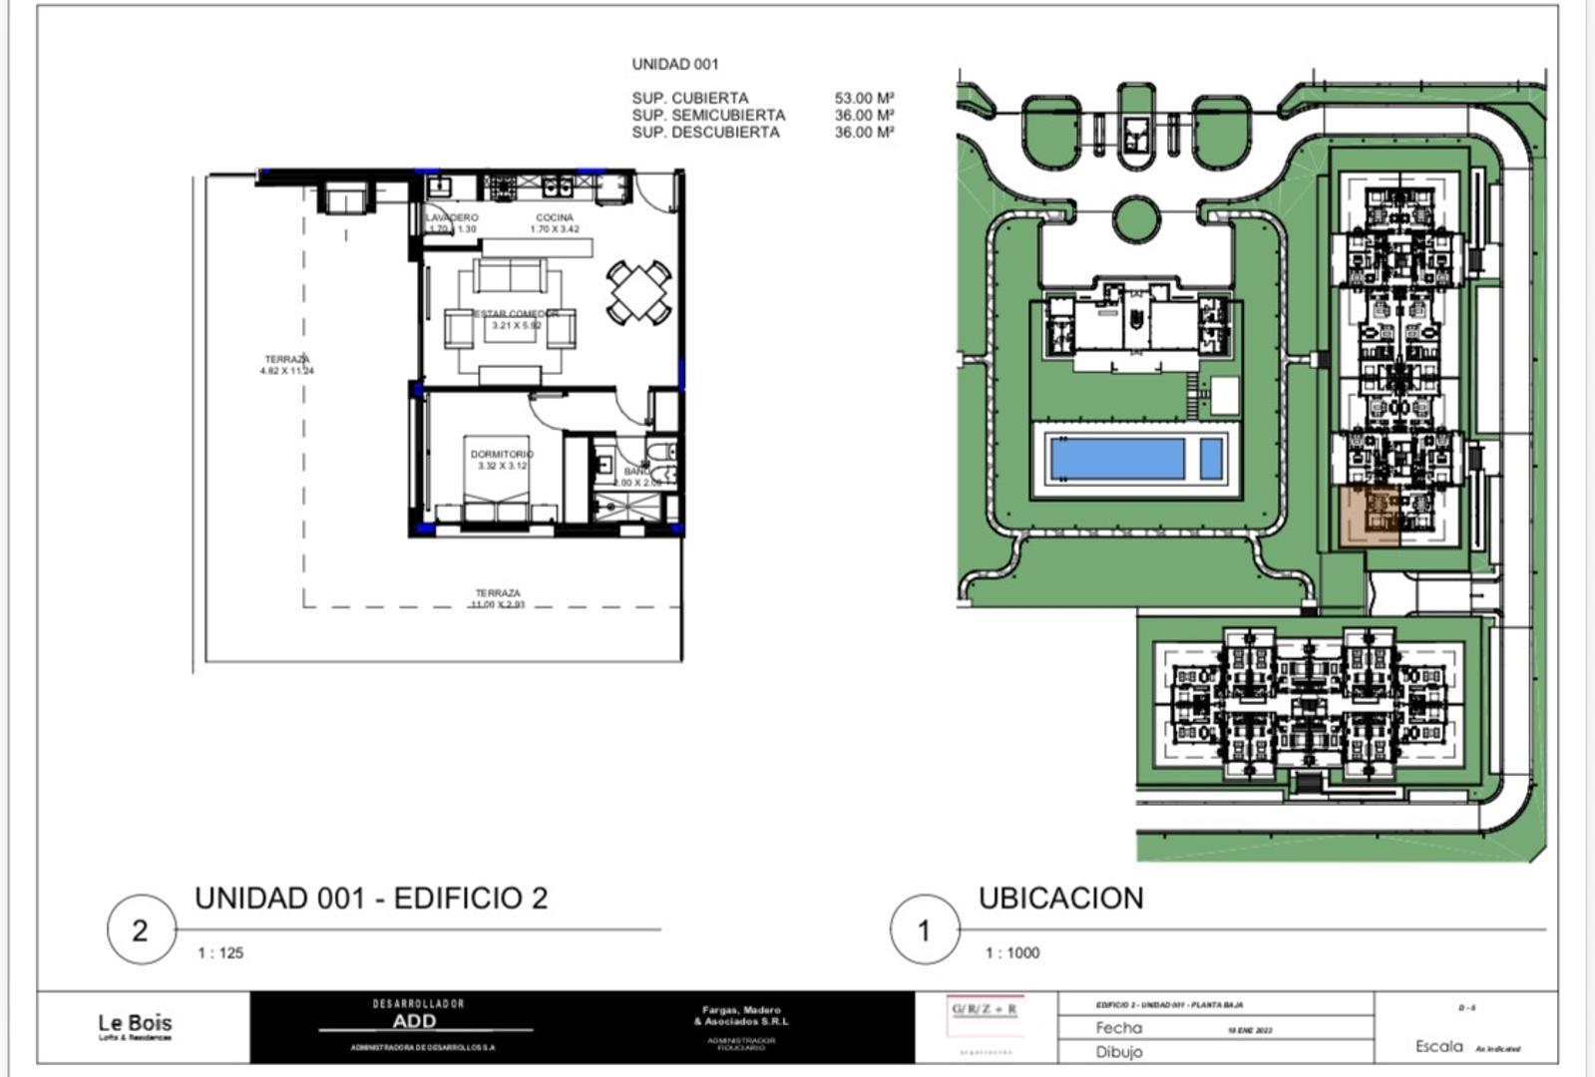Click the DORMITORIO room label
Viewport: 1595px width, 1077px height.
coord(502,455)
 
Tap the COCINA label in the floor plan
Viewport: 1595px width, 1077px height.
coord(555,217)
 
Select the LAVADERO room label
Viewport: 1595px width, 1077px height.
coord(452,217)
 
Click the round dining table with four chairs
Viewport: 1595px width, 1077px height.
coord(638,291)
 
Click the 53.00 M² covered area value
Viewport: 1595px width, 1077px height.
coord(864,99)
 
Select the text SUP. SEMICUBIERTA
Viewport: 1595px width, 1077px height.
coord(707,116)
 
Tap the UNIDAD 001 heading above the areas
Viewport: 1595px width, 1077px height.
coord(674,64)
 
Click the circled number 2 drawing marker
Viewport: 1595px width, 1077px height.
coord(141,929)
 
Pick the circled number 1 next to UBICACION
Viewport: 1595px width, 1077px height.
coord(924,929)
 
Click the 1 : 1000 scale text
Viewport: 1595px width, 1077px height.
coord(1011,953)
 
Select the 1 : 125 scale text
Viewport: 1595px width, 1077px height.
coord(220,953)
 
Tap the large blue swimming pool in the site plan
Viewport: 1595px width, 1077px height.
coord(1117,459)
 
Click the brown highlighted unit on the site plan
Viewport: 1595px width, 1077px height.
coord(1367,517)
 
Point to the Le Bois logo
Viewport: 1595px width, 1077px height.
coord(135,1025)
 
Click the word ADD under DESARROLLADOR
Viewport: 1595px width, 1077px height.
coord(414,1021)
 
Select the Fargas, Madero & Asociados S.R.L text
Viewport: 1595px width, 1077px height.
coord(740,1015)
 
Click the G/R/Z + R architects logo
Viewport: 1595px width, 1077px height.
coord(984,1009)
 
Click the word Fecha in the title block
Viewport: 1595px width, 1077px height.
coord(1118,1027)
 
